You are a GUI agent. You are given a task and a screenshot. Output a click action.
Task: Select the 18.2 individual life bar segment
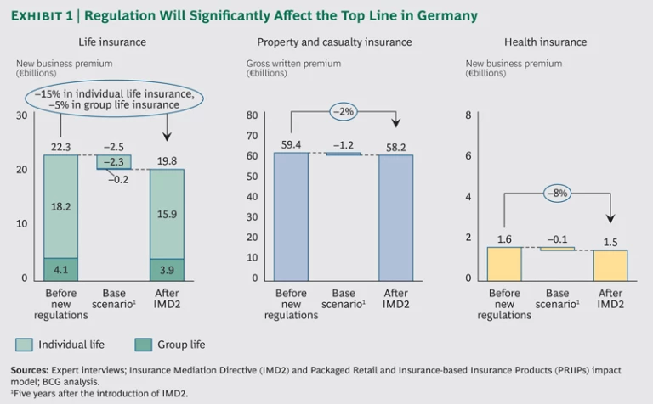tap(61, 206)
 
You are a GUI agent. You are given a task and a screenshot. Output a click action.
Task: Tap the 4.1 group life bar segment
tap(61, 269)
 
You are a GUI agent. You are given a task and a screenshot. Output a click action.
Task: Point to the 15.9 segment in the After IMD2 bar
tap(168, 213)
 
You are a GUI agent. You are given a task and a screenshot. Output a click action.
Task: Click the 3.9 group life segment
tap(168, 269)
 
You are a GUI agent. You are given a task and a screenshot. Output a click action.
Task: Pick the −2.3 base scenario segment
tap(113, 162)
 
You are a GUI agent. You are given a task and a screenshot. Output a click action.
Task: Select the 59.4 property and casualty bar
tap(291, 216)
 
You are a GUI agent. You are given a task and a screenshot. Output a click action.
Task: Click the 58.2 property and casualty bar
tap(396, 218)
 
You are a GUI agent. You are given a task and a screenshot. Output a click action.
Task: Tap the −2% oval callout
tap(344, 111)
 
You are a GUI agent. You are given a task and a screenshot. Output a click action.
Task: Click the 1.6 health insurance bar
tap(504, 263)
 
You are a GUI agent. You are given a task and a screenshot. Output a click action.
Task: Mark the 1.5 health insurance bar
tap(610, 265)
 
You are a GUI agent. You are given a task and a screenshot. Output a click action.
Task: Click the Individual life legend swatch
tap(24, 345)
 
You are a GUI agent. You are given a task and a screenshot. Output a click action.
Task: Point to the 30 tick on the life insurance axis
tap(22, 115)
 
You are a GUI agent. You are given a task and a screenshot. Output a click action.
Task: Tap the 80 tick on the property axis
tap(253, 115)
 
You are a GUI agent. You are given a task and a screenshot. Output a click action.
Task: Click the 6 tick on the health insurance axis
tap(468, 156)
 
